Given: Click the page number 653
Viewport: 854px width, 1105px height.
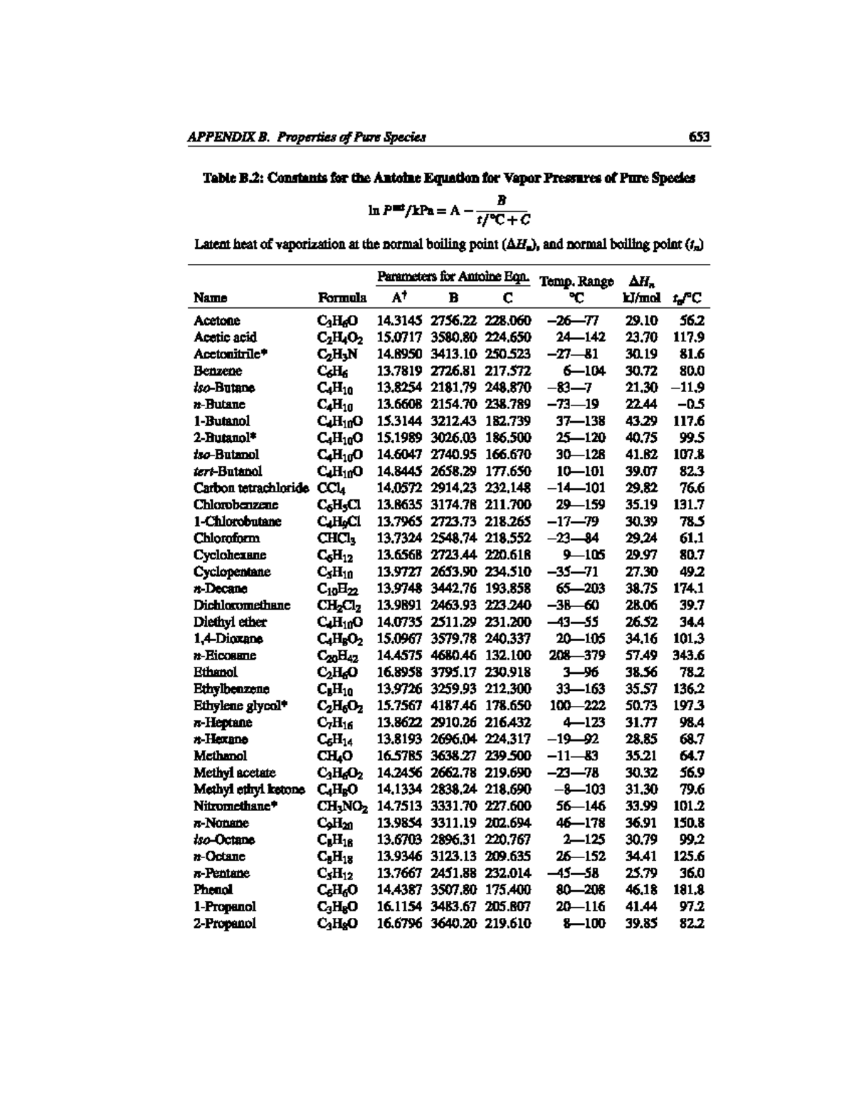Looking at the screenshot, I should tap(700, 137).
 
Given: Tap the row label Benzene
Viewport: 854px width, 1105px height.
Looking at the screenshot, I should tap(218, 371).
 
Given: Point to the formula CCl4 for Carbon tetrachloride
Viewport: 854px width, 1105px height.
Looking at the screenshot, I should tap(332, 488).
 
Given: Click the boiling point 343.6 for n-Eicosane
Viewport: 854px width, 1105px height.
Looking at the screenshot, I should tap(689, 655).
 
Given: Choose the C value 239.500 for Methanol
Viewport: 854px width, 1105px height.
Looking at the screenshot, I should tap(508, 756).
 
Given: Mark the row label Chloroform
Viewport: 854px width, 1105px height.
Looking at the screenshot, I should tap(226, 539).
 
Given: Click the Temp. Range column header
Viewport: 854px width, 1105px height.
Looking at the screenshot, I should tap(577, 282).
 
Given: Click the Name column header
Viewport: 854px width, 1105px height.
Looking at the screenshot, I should tap(210, 297).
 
